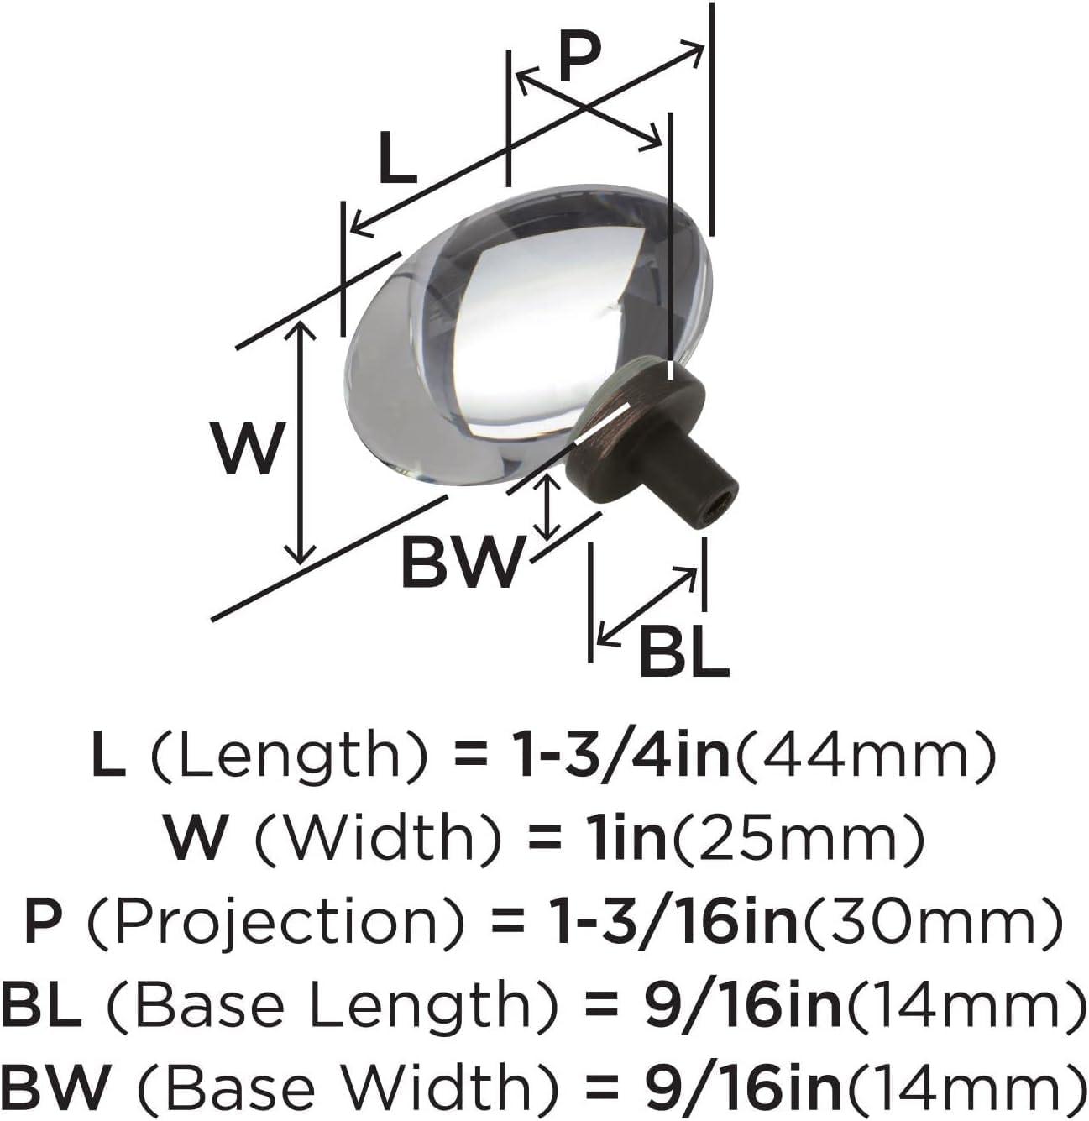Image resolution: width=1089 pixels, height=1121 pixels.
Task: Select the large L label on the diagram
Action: tap(398, 157)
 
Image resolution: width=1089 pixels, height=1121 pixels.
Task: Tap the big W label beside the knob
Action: tap(248, 448)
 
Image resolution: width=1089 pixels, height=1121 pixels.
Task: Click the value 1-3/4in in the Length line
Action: tap(623, 753)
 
